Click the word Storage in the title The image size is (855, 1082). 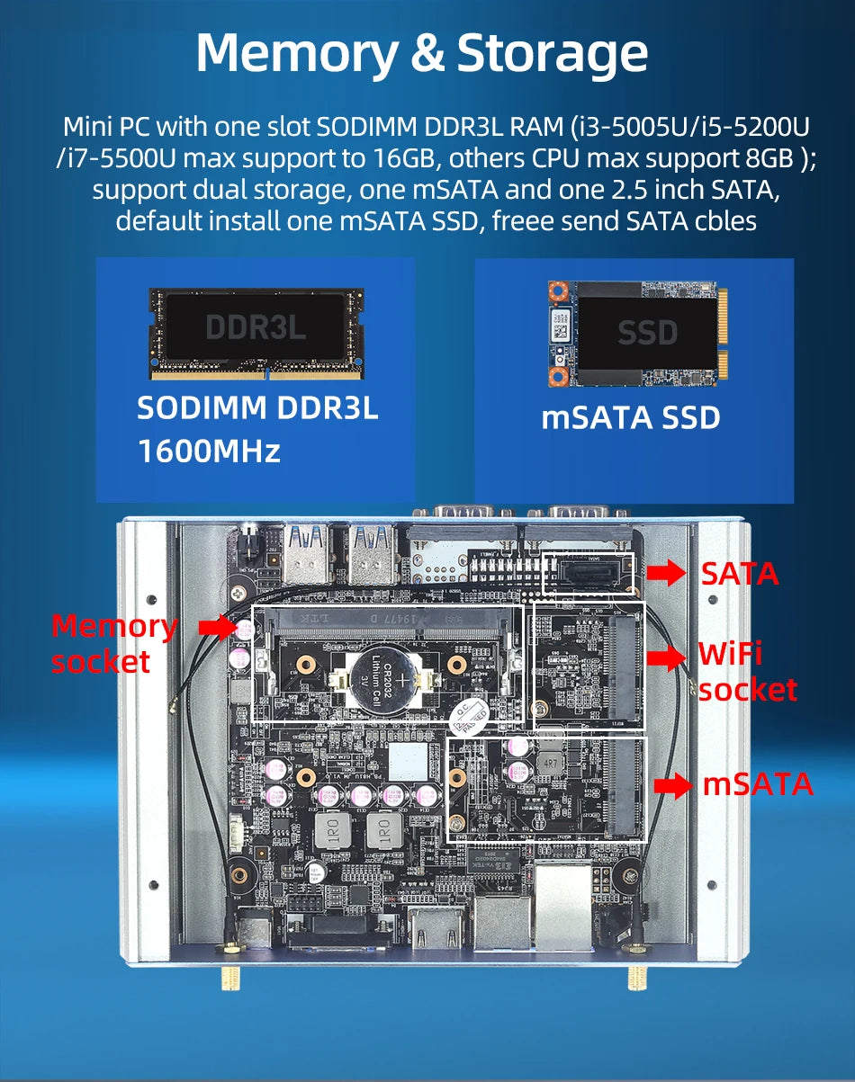point(552,54)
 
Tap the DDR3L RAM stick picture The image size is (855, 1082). point(256,333)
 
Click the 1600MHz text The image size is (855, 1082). point(209,451)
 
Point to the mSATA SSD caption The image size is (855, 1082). point(631,418)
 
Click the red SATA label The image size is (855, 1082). point(739,574)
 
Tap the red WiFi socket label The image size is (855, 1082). point(747,672)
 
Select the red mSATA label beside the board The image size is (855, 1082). point(758,784)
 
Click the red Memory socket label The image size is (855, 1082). point(113,644)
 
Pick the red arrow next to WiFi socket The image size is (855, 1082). point(666,658)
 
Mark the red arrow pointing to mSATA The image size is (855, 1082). point(673,786)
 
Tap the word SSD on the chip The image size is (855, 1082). point(648,333)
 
